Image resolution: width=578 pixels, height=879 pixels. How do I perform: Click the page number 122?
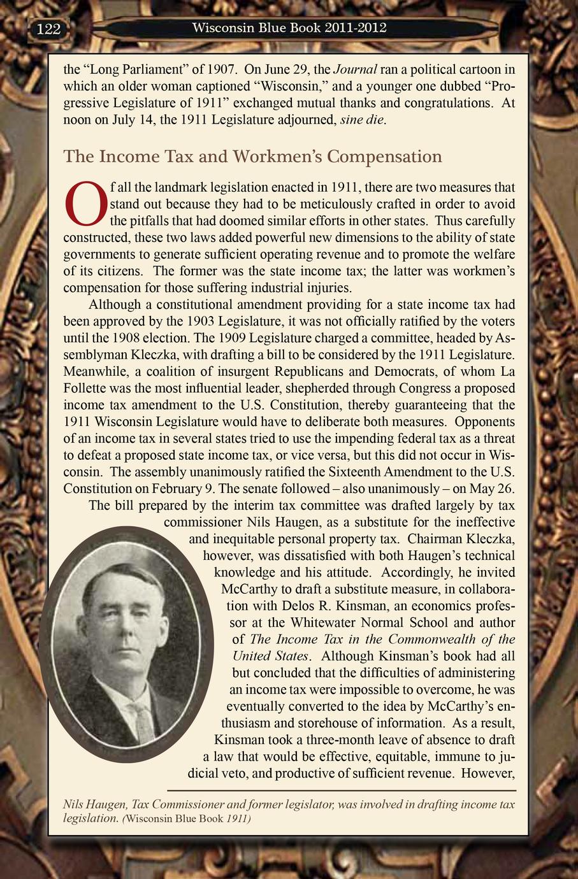(48, 29)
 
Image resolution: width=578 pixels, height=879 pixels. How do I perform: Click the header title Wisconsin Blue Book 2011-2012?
(289, 28)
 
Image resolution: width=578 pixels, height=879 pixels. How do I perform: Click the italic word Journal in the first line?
(356, 69)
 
